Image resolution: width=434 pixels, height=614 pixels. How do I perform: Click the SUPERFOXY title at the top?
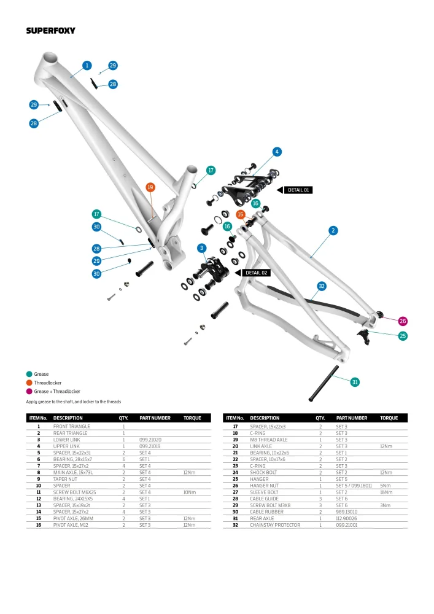pyautogui.click(x=48, y=30)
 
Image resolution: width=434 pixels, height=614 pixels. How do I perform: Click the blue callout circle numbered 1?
pyautogui.click(x=87, y=65)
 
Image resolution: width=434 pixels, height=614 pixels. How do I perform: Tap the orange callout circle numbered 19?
pyautogui.click(x=150, y=187)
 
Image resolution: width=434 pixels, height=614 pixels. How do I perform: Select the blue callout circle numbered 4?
pyautogui.click(x=277, y=152)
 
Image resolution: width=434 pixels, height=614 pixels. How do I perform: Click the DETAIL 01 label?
pyautogui.click(x=300, y=190)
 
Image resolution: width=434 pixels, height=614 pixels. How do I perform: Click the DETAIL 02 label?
pyautogui.click(x=257, y=273)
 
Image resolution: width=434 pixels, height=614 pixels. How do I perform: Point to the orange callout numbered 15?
pyautogui.click(x=241, y=214)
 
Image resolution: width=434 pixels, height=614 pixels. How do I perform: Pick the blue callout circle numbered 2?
pyautogui.click(x=333, y=230)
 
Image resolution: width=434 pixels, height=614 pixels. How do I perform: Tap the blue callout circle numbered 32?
pyautogui.click(x=322, y=286)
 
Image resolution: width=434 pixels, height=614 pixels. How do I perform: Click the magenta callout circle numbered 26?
pyautogui.click(x=403, y=321)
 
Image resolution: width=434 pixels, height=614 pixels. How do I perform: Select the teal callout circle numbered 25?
pyautogui.click(x=403, y=336)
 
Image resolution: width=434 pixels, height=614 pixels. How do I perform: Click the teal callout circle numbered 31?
pyautogui.click(x=354, y=383)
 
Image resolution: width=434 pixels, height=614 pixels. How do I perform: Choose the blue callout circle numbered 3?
pyautogui.click(x=201, y=247)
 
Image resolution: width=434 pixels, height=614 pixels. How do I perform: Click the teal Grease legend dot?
pyautogui.click(x=29, y=374)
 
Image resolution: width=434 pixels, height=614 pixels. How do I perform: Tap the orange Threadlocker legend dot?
pyautogui.click(x=29, y=383)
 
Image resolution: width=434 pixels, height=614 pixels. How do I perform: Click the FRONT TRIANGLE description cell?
pyautogui.click(x=71, y=426)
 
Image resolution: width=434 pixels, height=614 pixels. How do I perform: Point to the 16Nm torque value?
pyautogui.click(x=386, y=492)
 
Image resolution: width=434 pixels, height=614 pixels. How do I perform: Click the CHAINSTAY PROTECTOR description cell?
pyautogui.click(x=275, y=525)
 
